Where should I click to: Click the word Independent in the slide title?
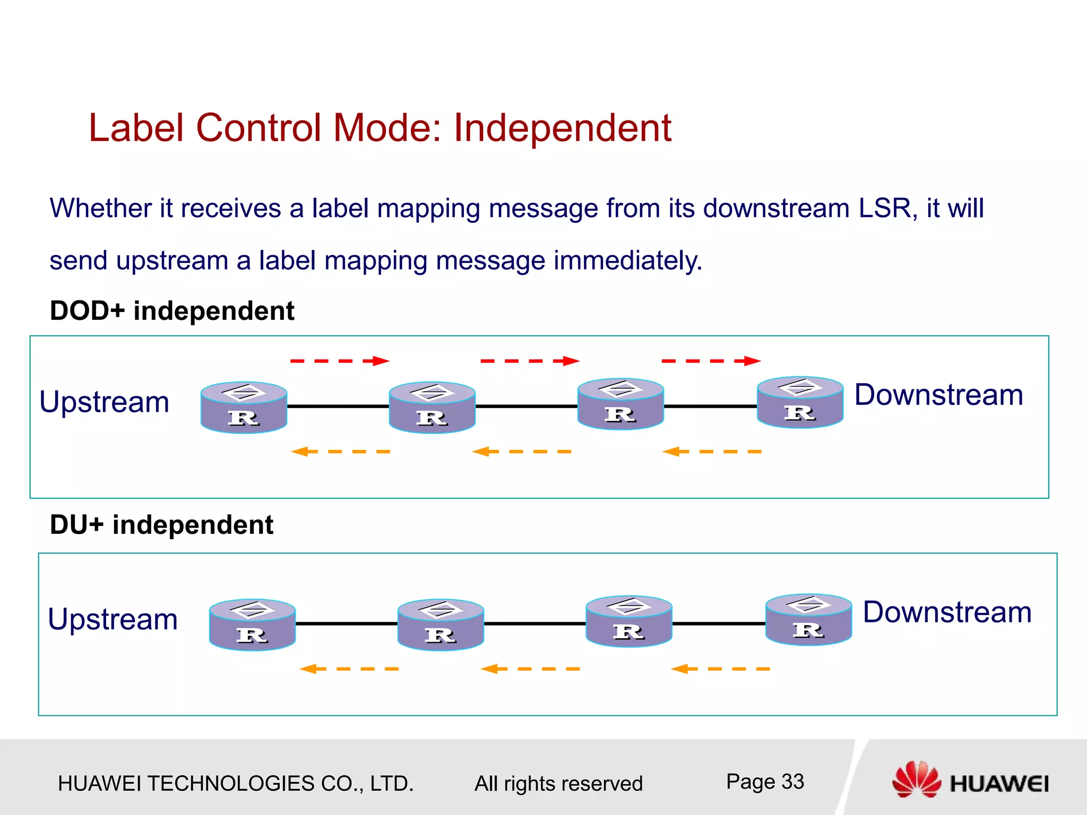coord(562,128)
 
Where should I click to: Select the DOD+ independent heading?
coord(171,311)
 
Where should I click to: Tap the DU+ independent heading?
coord(161,525)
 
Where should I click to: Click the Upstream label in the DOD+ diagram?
coord(105,402)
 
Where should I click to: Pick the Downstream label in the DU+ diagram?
coord(947,612)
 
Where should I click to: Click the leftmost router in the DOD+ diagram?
coord(244,407)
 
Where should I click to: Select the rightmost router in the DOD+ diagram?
coord(800,403)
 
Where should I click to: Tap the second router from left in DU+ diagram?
coord(441,625)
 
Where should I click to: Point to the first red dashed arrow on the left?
coord(340,361)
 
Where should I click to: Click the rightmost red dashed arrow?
coord(711,361)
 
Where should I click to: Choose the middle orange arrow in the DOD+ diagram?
coord(522,452)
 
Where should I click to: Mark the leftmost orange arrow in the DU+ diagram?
coord(349,669)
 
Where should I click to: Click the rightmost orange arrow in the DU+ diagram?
coord(720,669)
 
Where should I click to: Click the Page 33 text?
coord(765,782)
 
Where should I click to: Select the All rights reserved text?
coord(558,784)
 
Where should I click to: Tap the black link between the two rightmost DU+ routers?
coord(719,623)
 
